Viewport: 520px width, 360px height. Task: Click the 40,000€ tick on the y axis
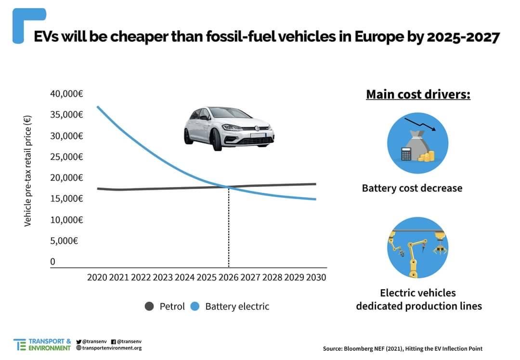point(66,93)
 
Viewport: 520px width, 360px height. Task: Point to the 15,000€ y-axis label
point(66,199)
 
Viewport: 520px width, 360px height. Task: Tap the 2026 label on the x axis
point(228,278)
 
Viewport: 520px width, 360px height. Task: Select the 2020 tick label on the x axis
point(97,278)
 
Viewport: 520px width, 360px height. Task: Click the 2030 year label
point(316,278)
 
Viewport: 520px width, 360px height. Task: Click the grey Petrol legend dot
point(149,307)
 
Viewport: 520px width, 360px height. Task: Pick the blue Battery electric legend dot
point(195,307)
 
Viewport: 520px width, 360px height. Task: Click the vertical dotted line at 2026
point(229,227)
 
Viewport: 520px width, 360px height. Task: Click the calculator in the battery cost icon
point(407,154)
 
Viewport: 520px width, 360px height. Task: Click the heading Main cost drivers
point(418,94)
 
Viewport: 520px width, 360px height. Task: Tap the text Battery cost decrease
point(412,188)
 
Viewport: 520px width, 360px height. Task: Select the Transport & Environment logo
point(42,344)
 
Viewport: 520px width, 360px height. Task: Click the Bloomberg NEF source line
point(403,348)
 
